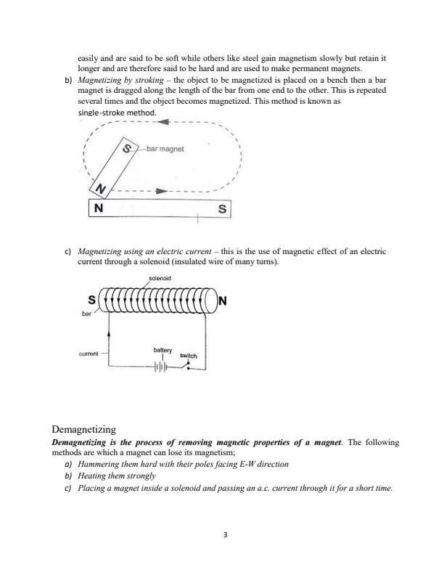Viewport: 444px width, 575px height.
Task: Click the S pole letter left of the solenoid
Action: pos(91,299)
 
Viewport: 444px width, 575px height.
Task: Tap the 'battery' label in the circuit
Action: pos(162,350)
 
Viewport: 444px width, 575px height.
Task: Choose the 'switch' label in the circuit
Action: pos(188,356)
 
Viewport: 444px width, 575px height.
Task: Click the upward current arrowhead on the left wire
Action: pos(109,330)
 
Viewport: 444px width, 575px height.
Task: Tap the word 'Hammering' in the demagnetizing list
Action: pos(99,463)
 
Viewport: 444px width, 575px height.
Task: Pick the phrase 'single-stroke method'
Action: pos(116,114)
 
